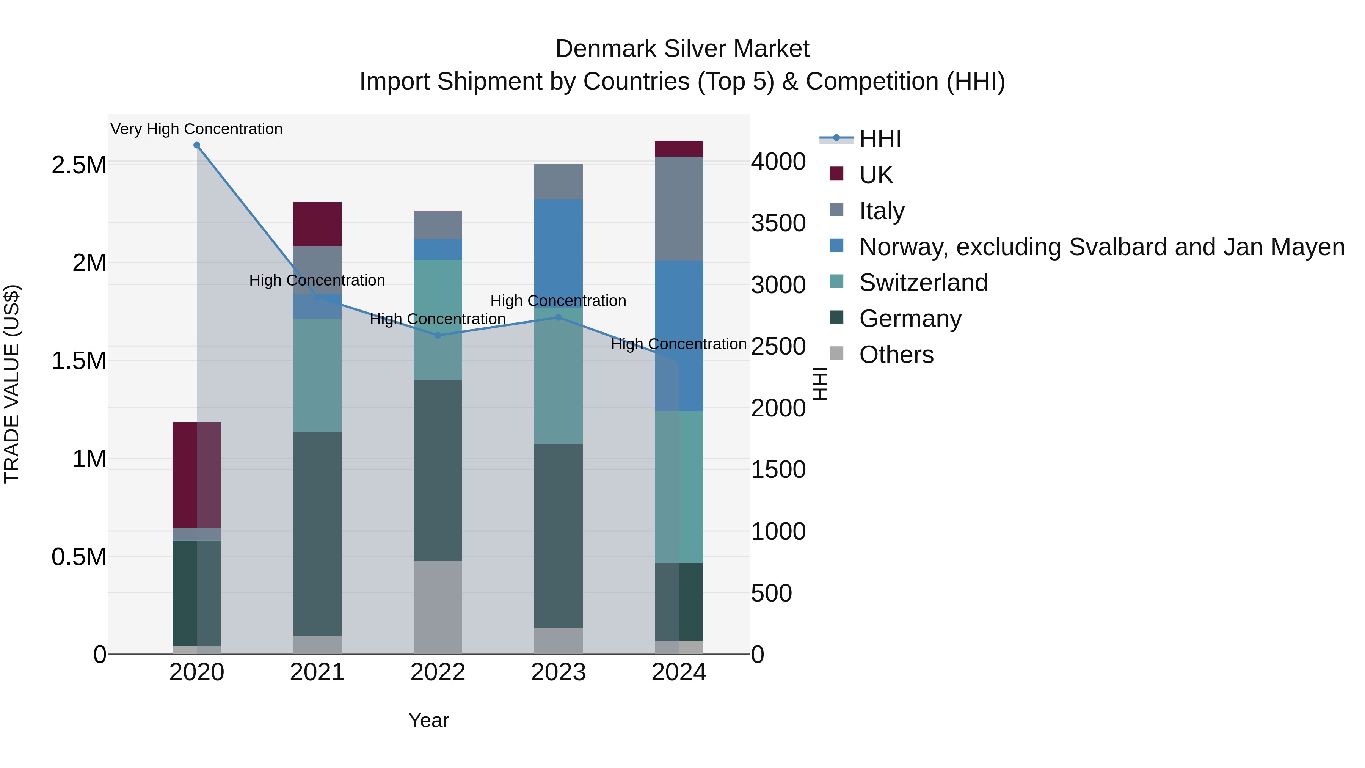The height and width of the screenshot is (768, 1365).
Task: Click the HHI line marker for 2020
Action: [x=196, y=145]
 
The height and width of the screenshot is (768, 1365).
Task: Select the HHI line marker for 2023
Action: [x=558, y=317]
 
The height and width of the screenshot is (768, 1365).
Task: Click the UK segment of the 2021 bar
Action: [x=317, y=224]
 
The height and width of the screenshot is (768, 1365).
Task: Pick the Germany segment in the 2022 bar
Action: [x=438, y=470]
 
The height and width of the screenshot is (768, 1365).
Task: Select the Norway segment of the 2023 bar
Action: [x=558, y=249]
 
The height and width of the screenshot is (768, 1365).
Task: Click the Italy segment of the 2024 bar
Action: [x=679, y=208]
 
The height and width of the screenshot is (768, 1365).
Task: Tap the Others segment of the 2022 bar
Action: [x=438, y=607]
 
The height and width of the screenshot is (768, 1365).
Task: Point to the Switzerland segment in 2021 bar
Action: [x=317, y=375]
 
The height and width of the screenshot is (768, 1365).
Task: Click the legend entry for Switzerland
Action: [x=923, y=283]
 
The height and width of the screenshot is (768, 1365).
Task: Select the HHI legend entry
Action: [x=880, y=139]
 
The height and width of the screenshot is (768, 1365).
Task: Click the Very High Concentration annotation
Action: [x=196, y=129]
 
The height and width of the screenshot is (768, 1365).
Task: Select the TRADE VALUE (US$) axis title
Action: [x=12, y=384]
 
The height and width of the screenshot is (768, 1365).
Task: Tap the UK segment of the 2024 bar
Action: [x=679, y=149]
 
